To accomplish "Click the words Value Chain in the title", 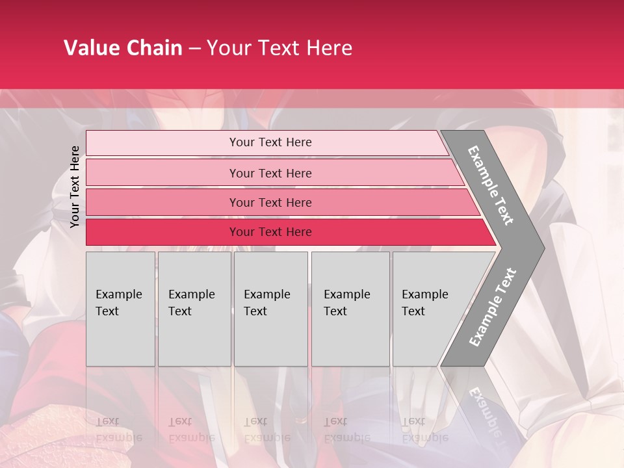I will tap(123, 48).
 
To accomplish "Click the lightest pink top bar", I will tap(162, 142).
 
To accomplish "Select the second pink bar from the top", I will tap(162, 173).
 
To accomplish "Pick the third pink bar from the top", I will tap(162, 202).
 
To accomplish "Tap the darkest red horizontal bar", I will tap(162, 232).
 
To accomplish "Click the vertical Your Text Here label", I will tap(75, 187).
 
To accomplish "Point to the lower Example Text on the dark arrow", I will tap(493, 307).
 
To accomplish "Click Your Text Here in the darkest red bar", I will tap(270, 232).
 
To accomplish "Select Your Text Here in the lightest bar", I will tap(270, 142).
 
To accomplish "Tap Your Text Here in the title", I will tap(279, 48).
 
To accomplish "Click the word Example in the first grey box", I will tap(118, 294).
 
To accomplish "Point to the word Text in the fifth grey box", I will tap(413, 311).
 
